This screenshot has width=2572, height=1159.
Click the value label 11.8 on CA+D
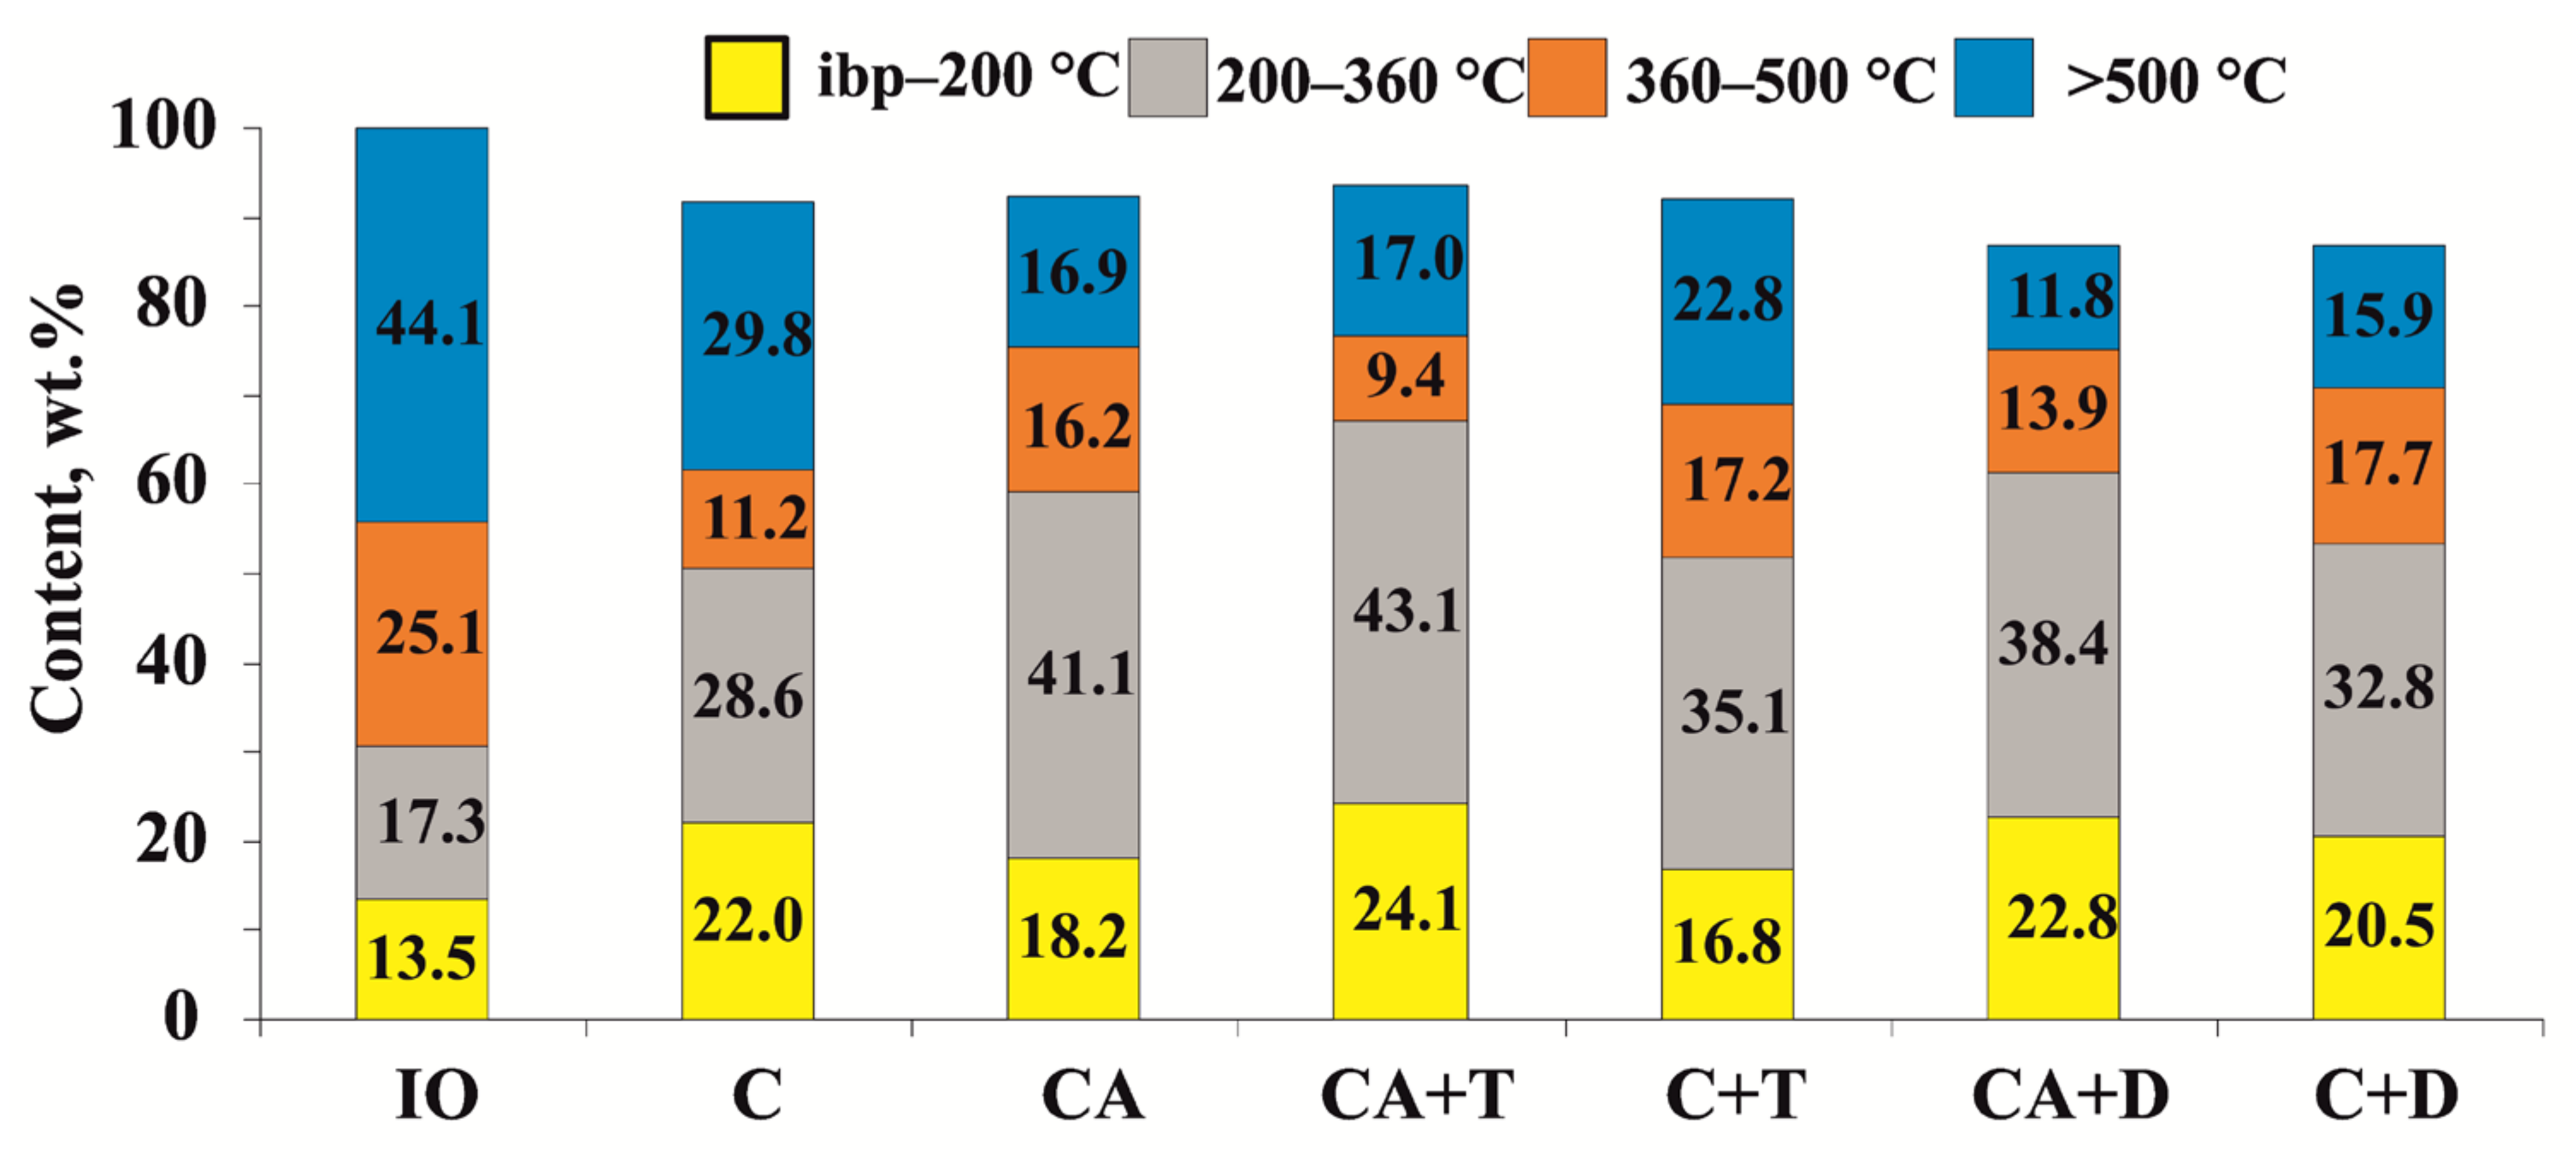click(x=2061, y=297)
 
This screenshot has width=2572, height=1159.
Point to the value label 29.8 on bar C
click(x=756, y=333)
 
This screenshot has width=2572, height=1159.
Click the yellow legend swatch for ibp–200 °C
click(x=746, y=78)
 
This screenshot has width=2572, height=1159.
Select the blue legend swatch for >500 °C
click(x=1993, y=78)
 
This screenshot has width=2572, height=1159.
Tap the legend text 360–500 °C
click(x=1780, y=79)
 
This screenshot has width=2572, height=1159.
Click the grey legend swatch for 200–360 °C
click(x=1167, y=78)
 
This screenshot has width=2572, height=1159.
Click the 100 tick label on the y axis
click(x=162, y=126)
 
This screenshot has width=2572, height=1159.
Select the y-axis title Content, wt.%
click(x=58, y=509)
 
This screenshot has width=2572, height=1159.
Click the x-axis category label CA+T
click(x=1416, y=1095)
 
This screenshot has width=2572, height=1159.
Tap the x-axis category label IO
click(x=436, y=1095)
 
